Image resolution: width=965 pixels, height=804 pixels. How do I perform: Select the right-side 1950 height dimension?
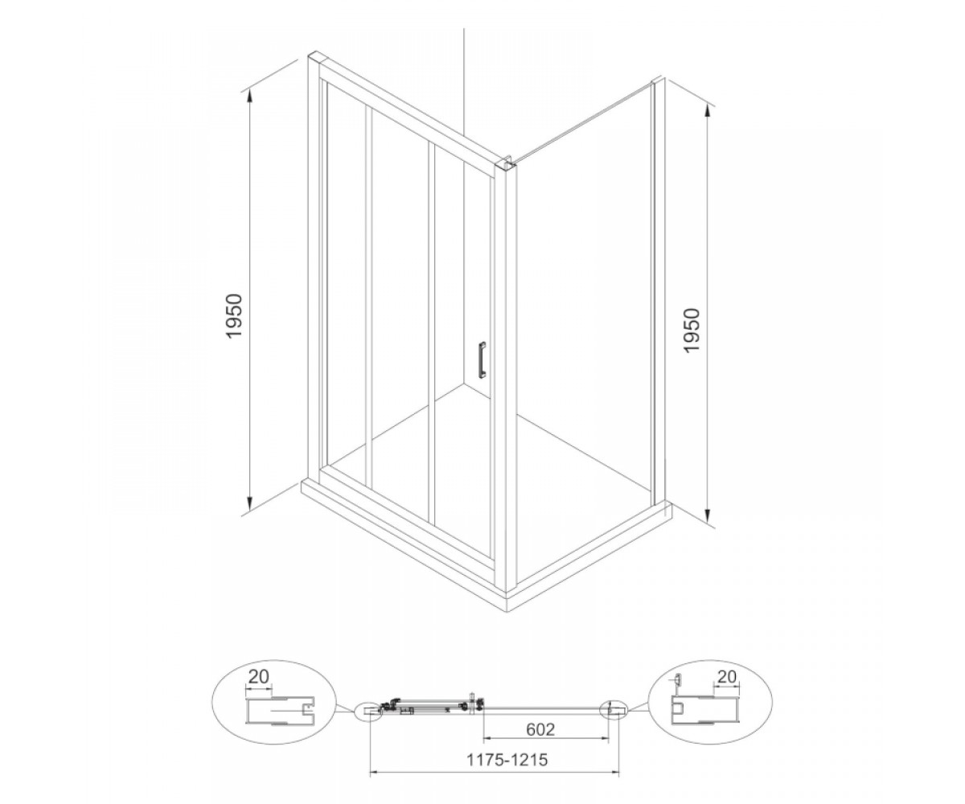point(692,330)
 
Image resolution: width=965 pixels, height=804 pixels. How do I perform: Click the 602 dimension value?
point(540,729)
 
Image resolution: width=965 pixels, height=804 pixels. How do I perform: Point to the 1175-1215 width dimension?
point(507,760)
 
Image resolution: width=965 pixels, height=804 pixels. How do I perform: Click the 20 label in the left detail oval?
point(259,677)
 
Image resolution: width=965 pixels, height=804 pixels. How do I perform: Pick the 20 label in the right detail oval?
point(726,677)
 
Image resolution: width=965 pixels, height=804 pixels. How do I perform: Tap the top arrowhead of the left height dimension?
point(249,97)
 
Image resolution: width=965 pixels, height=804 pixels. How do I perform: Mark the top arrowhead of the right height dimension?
point(708,112)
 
